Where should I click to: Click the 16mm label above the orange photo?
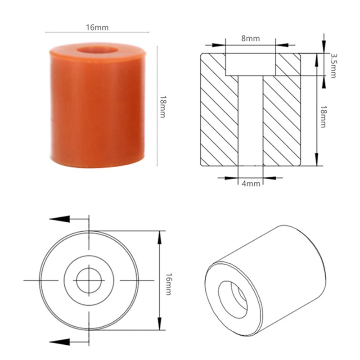click(97, 27)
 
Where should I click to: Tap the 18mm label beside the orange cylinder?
click(162, 107)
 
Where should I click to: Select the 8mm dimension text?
click(251, 38)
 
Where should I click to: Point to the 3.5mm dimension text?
click(333, 66)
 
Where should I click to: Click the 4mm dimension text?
click(251, 184)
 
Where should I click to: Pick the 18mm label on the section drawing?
click(323, 117)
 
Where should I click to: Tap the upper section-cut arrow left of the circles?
click(59, 219)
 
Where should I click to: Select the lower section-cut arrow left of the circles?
click(59, 342)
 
